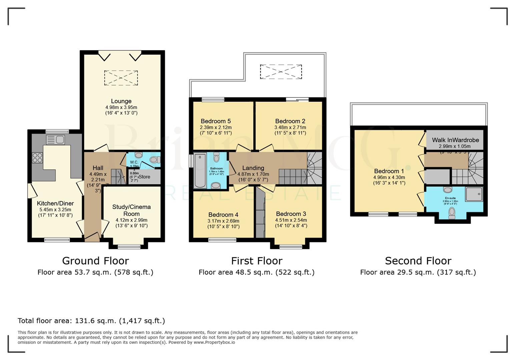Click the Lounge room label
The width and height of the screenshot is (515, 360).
(x=121, y=101)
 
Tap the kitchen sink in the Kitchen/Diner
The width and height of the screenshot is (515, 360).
(x=55, y=140)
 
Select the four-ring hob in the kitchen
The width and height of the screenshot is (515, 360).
(x=37, y=157)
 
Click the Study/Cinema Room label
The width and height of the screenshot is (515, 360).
(x=131, y=210)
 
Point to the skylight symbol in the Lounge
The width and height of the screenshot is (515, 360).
(x=121, y=78)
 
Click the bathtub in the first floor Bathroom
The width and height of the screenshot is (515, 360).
(x=200, y=170)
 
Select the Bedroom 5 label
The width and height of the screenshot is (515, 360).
(x=215, y=121)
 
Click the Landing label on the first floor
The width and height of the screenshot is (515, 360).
(x=253, y=168)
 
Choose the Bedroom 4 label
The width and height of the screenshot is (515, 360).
(x=223, y=215)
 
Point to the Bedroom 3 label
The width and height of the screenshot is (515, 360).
(x=291, y=214)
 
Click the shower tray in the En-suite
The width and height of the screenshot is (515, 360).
(x=474, y=194)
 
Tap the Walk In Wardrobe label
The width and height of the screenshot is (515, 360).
(x=455, y=140)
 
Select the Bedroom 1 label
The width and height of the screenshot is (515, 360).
(x=389, y=171)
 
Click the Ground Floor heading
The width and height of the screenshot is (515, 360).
(x=95, y=261)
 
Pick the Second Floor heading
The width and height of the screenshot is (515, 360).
(x=418, y=261)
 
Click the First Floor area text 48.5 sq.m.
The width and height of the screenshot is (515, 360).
(x=256, y=272)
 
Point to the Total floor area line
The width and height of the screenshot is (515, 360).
(x=91, y=321)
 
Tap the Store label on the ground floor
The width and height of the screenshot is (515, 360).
(x=144, y=177)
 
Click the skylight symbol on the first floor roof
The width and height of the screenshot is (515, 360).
(x=281, y=72)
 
